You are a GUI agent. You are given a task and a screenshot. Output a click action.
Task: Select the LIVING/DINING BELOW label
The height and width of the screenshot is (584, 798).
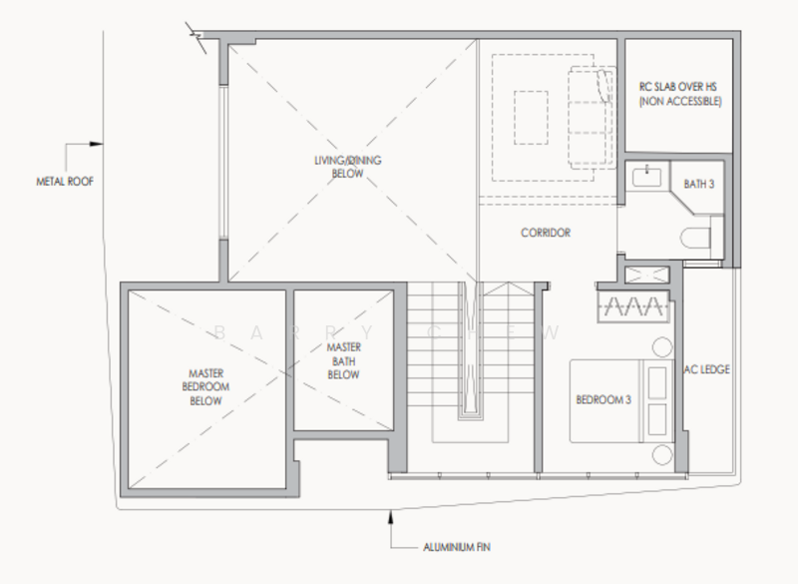pyautogui.click(x=342, y=166)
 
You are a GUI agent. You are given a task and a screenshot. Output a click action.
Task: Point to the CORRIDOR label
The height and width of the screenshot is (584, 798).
pyautogui.click(x=546, y=233)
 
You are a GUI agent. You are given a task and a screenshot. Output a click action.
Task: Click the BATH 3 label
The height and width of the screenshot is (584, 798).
pyautogui.click(x=699, y=183)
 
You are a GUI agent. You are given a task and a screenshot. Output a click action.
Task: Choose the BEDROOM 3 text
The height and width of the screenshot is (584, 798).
pyautogui.click(x=602, y=401)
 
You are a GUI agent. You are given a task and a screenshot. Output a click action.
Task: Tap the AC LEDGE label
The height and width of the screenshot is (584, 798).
pyautogui.click(x=707, y=369)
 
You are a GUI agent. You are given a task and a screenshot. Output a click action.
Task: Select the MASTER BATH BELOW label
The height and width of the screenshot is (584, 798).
pyautogui.click(x=343, y=360)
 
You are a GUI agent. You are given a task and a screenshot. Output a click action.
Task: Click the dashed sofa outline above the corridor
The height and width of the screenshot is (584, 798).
pyautogui.click(x=588, y=115)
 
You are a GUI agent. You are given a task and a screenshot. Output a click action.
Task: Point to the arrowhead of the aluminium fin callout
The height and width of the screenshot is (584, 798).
pyautogui.click(x=389, y=515)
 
